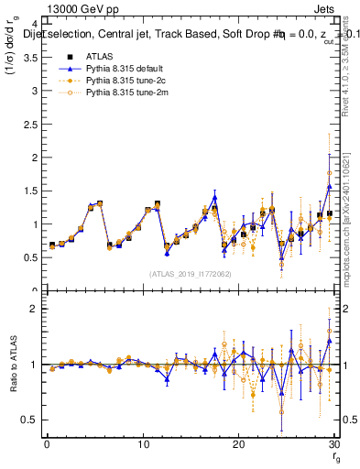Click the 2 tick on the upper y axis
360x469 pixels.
click(x=36, y=158)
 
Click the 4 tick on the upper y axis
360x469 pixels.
click(x=36, y=24)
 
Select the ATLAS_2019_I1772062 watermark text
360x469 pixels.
click(x=190, y=273)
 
